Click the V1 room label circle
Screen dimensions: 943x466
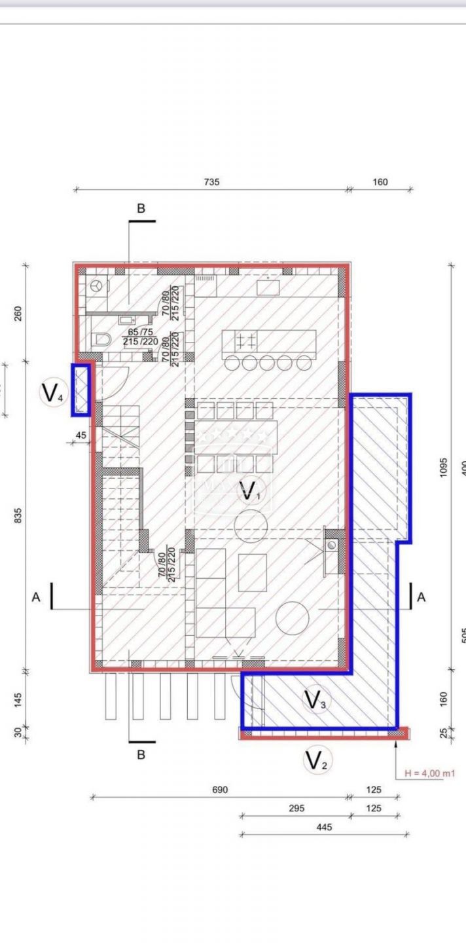tap(248, 490)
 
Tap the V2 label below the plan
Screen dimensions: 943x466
tap(316, 761)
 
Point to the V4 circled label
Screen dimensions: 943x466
tap(52, 393)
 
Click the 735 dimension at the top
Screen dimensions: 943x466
tap(211, 182)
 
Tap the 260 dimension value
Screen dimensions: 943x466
tap(18, 314)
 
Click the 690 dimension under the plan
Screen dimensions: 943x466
tap(219, 790)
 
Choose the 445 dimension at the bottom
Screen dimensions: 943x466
tap(324, 827)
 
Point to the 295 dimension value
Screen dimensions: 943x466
tap(296, 809)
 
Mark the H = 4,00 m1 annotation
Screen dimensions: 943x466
tap(429, 773)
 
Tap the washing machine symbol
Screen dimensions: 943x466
tap(98, 286)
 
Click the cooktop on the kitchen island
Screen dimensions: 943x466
tap(246, 341)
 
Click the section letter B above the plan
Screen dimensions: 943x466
tap(141, 208)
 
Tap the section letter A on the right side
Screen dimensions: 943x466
tap(421, 597)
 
